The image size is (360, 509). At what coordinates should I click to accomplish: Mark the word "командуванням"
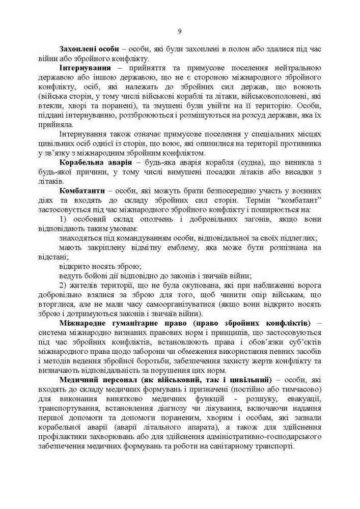(x=130, y=238)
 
